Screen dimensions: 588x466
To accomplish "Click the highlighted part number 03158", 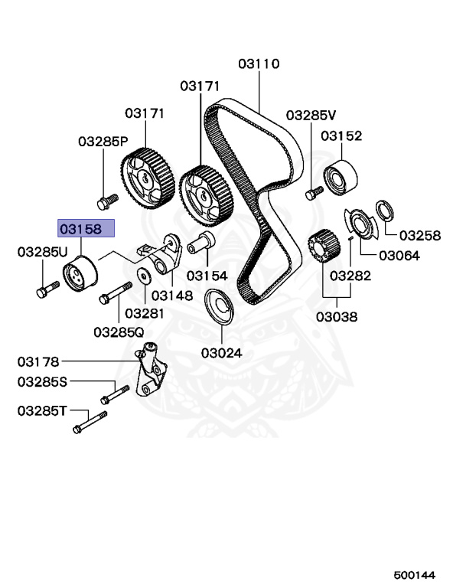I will coord(86,229).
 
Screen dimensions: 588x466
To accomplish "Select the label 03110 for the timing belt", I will coord(259,65).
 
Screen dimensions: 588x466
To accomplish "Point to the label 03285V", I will coord(311,116).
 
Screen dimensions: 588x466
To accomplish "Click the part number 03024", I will coord(222,353).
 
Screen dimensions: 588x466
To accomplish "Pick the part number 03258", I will coord(420,235).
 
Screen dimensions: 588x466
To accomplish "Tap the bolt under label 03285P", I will coord(106,201).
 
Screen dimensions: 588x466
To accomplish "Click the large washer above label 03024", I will coord(221,306).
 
